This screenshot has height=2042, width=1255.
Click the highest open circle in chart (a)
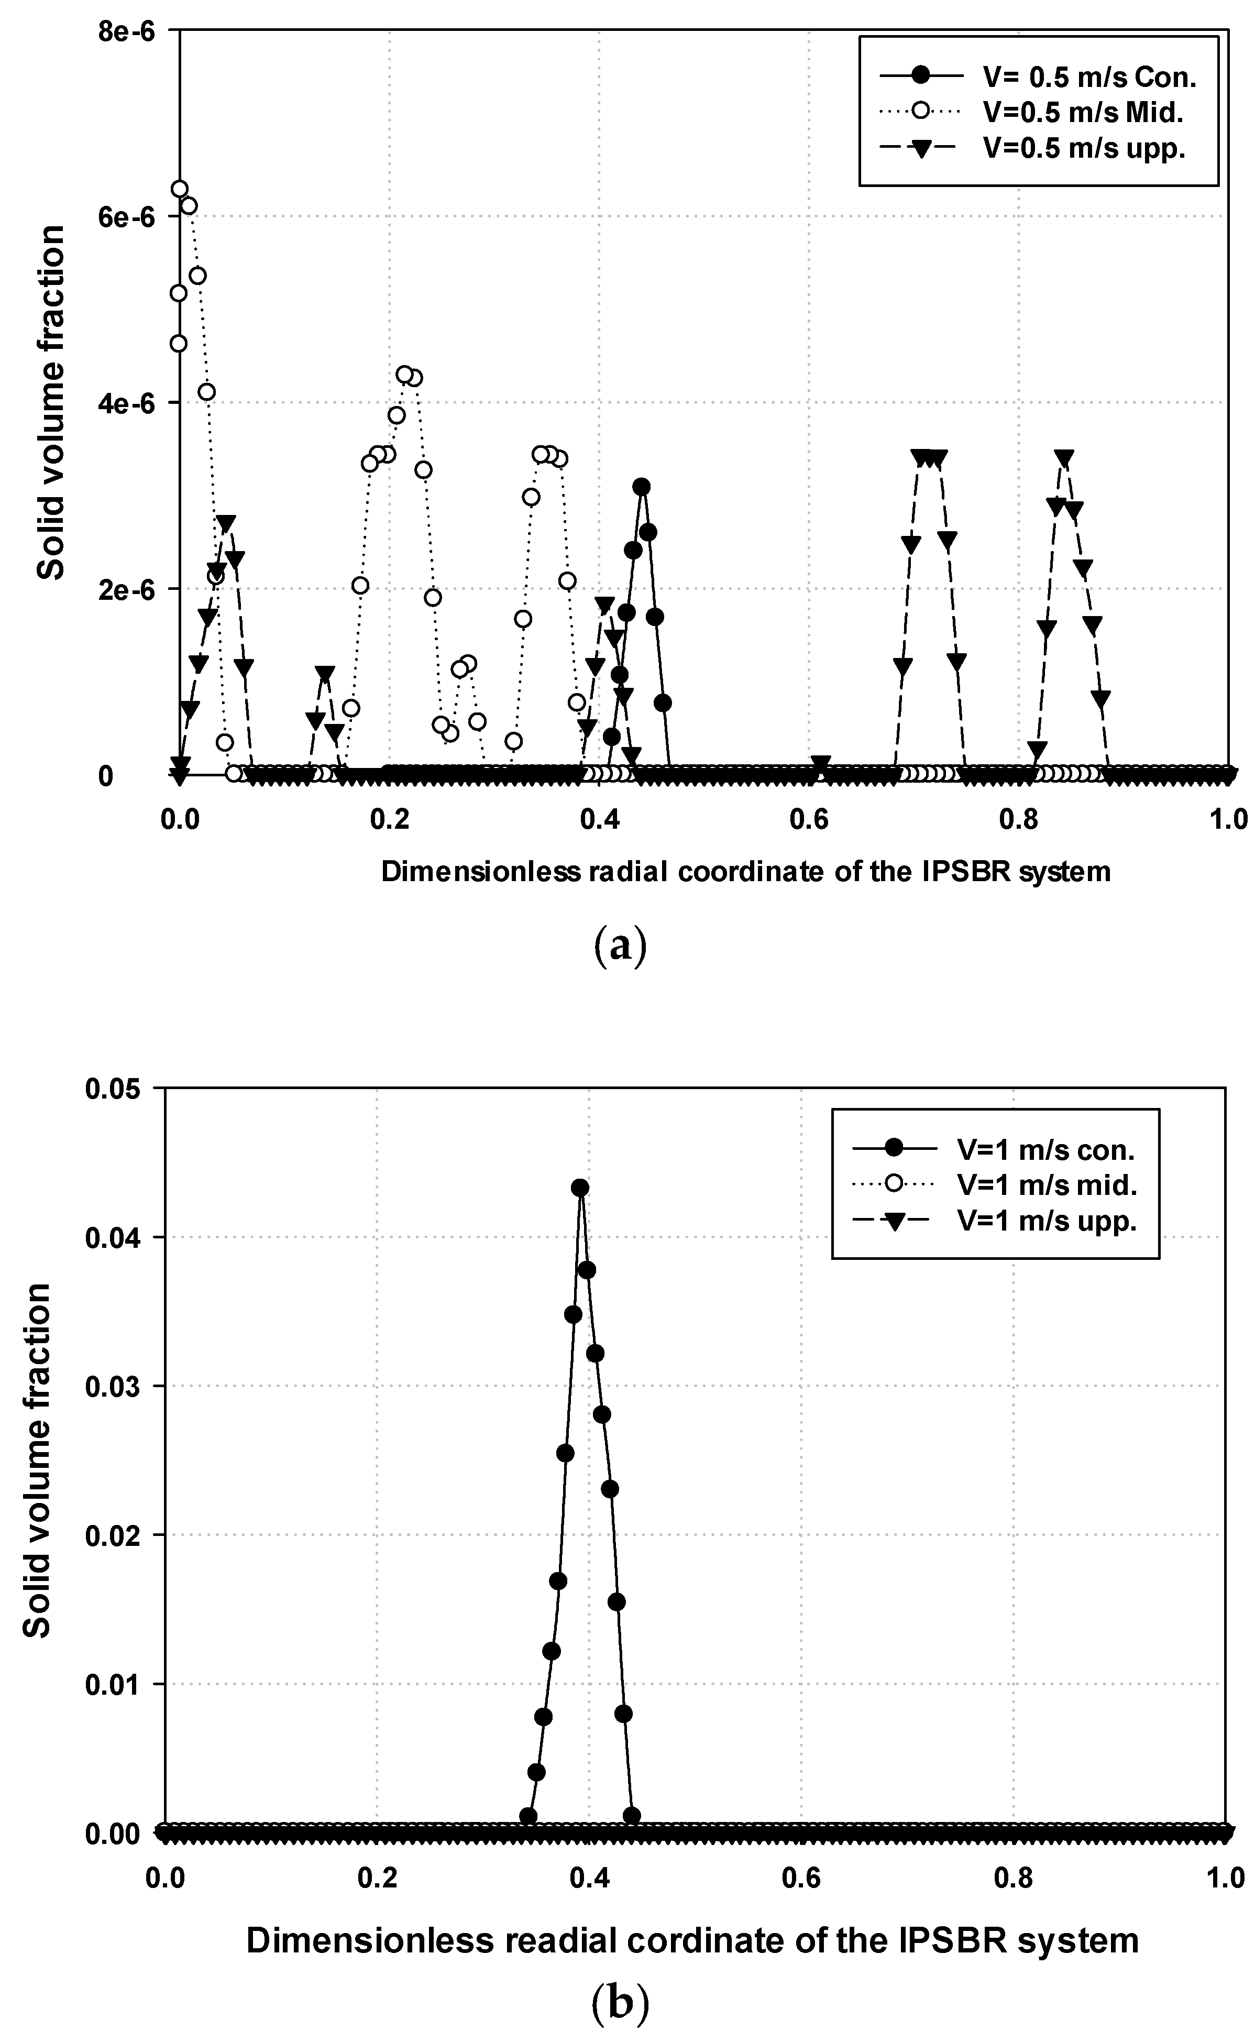[179, 189]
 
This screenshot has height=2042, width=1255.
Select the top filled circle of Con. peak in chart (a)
[641, 487]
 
